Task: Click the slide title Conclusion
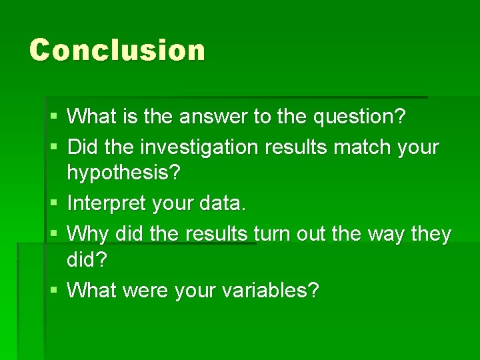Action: click(x=117, y=50)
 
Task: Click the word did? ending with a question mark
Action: click(x=87, y=261)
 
